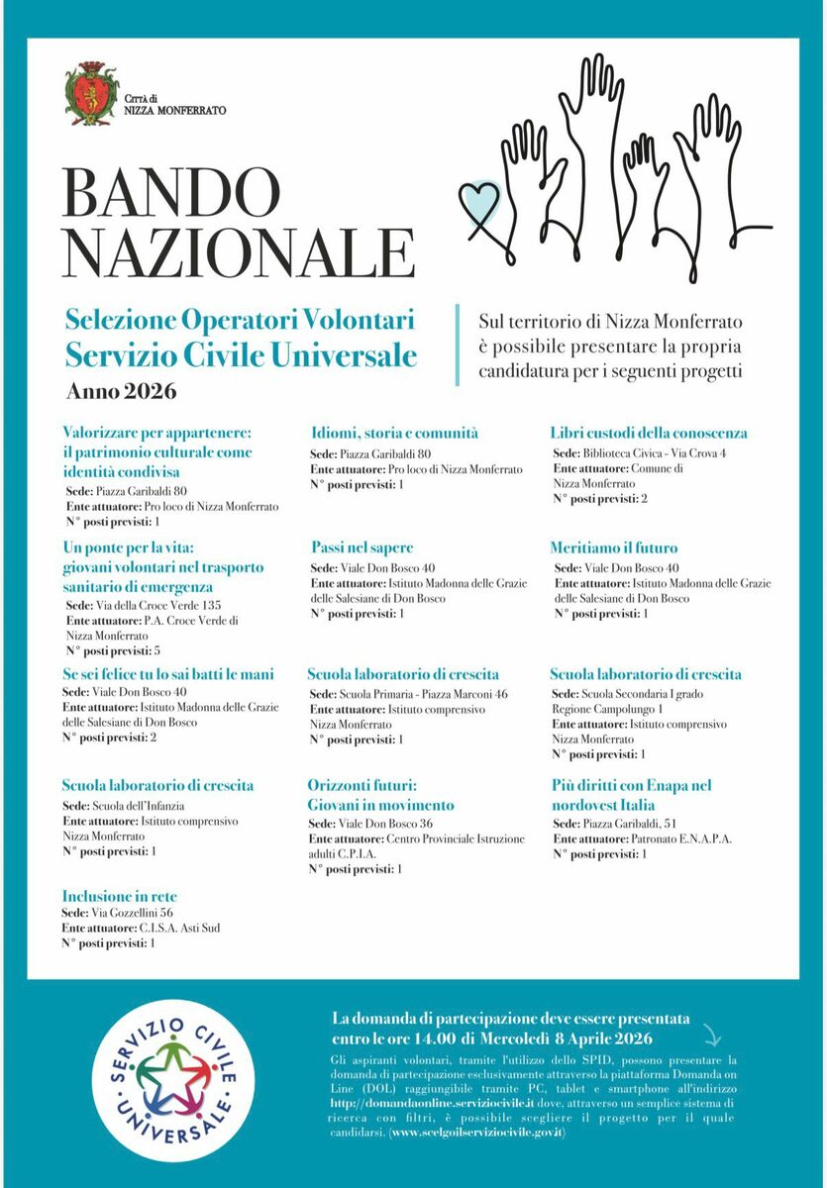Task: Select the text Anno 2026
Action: click(x=121, y=391)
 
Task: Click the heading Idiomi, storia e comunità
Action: click(x=394, y=433)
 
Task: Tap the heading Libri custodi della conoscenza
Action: click(x=649, y=433)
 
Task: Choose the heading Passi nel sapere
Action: click(x=362, y=547)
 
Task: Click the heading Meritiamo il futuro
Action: click(x=614, y=547)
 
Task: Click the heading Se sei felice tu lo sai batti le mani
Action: click(x=168, y=674)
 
